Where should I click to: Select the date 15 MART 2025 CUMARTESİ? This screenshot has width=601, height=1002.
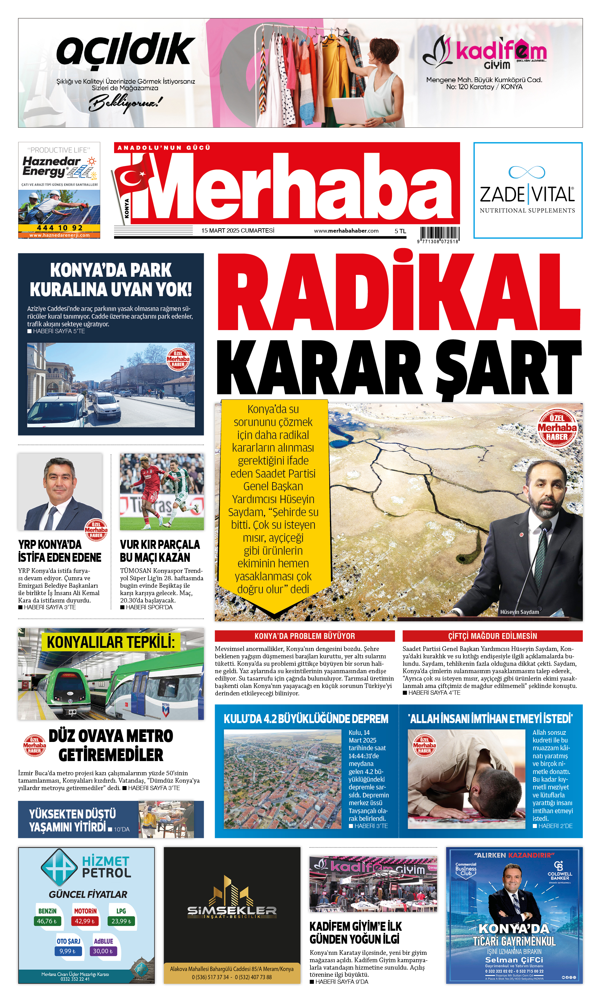[x=238, y=230]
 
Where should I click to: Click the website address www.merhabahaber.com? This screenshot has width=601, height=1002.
[x=346, y=230]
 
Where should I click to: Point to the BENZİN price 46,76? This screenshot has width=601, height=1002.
[x=47, y=921]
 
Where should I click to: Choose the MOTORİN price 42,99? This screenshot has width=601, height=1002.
[x=84, y=921]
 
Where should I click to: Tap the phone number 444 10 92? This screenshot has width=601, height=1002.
[x=60, y=228]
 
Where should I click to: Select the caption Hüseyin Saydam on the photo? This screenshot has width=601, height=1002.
[x=519, y=612]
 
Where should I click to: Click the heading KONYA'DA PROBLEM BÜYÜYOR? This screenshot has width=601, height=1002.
[x=305, y=636]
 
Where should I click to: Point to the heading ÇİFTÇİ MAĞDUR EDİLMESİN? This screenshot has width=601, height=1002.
[x=492, y=636]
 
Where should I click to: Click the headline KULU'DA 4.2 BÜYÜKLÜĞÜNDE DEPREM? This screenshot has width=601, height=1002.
[x=306, y=718]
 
